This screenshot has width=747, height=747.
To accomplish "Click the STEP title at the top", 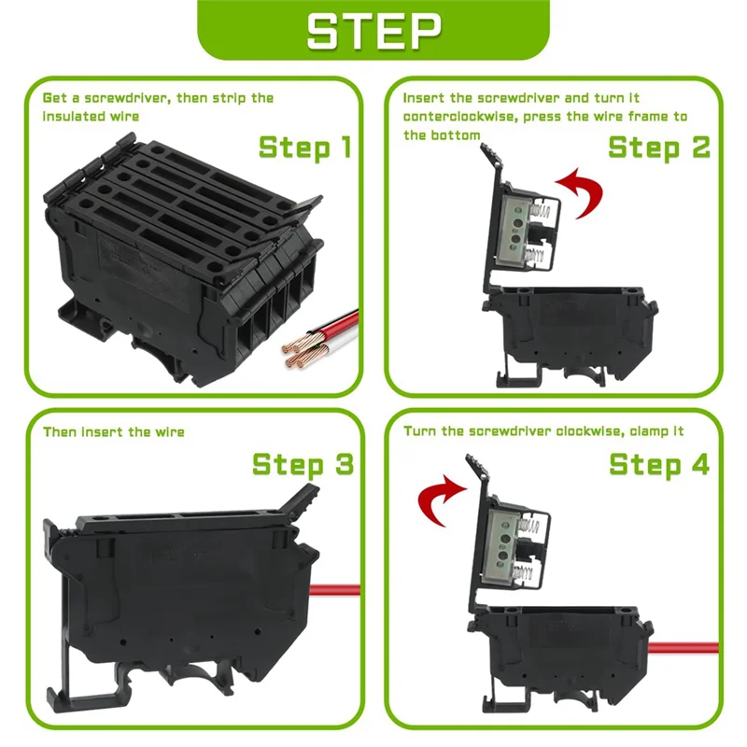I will click(x=373, y=31).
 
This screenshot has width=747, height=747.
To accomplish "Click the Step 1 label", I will click(x=305, y=148).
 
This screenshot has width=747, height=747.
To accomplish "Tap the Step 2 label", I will click(x=659, y=148).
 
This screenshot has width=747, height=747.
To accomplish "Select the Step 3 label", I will click(x=303, y=465).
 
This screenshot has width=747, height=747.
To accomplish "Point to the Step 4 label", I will click(x=659, y=464).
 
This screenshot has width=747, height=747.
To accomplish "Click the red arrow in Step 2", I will click(x=579, y=191).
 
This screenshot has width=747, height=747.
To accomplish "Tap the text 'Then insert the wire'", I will click(x=114, y=431).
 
